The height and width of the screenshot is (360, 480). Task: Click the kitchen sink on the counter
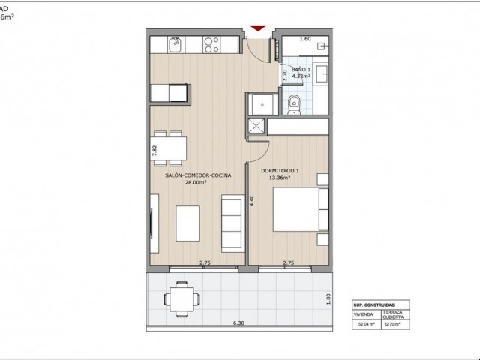coord(175,46)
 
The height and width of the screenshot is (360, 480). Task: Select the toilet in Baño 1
coord(295,104)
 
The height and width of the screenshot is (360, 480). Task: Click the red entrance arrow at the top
coord(259,29)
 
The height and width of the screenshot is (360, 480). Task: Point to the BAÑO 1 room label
coord(301,67)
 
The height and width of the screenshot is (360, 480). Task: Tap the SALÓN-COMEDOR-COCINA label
coord(198,175)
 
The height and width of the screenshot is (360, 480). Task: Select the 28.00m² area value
coord(198,182)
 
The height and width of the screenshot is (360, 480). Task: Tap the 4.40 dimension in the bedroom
coord(253,202)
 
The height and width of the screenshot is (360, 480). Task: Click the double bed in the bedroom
coord(298,209)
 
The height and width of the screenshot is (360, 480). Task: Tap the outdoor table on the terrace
coord(181,298)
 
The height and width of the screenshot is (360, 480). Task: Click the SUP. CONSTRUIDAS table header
coord(370,305)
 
